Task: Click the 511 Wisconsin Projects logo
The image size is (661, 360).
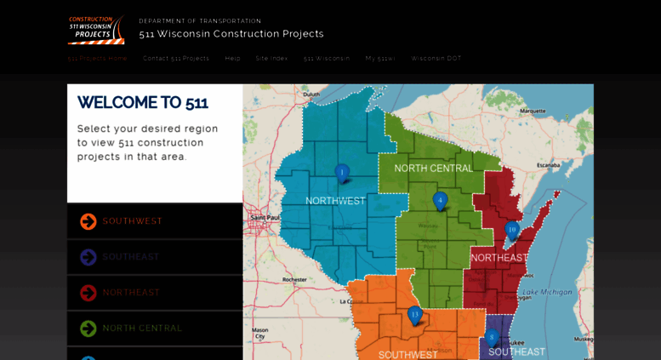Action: click(95, 30)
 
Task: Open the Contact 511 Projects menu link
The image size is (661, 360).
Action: click(176, 59)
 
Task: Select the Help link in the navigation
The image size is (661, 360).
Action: click(232, 59)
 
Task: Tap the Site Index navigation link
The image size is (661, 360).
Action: click(271, 59)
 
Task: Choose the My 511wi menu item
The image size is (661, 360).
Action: click(380, 59)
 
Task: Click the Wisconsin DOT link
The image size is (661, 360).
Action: click(436, 59)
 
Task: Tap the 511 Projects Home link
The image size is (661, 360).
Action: click(98, 59)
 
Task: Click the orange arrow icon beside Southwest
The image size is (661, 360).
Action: click(88, 221)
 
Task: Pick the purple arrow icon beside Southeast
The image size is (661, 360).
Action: click(88, 257)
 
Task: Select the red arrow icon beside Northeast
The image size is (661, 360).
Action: click(88, 293)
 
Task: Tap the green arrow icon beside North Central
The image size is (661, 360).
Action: click(88, 329)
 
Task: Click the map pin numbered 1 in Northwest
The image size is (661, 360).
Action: click(342, 173)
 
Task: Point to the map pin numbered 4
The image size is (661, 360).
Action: click(440, 201)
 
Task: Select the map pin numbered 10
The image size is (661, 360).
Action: click(511, 230)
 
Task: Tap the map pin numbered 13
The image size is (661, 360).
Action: click(414, 315)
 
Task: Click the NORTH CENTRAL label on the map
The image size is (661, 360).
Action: click(433, 169)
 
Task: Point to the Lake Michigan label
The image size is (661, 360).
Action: click(547, 292)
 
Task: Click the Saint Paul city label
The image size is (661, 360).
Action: click(265, 218)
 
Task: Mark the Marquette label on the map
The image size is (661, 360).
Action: click(533, 111)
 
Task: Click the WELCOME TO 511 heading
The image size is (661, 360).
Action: click(142, 103)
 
